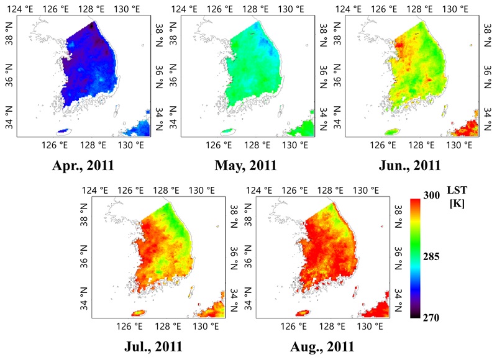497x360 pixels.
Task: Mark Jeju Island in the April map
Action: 64,131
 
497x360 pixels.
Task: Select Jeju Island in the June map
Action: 391,132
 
